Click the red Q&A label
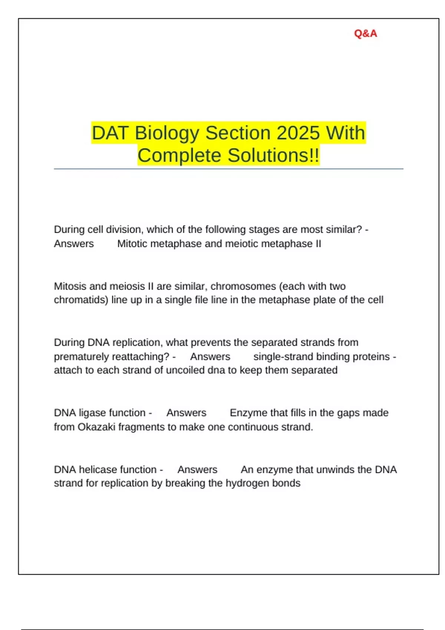click(365, 34)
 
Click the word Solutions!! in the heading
click(273, 155)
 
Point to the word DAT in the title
click(110, 133)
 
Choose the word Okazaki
click(96, 427)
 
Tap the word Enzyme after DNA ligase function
click(248, 413)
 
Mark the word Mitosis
click(71, 286)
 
